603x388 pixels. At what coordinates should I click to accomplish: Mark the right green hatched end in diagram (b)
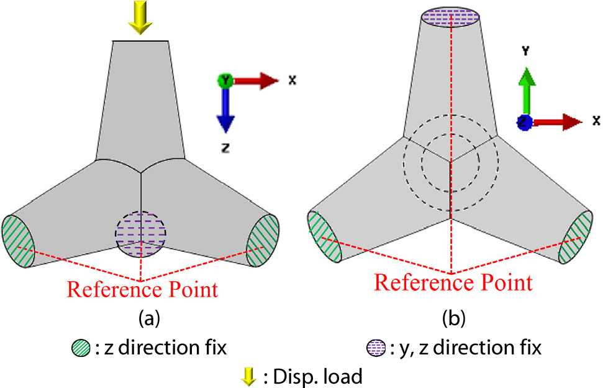[576, 238]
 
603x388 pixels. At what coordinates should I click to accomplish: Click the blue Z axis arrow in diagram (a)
[224, 112]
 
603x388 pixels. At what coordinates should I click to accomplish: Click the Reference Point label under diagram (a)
[143, 290]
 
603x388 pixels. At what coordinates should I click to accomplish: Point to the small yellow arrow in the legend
[248, 376]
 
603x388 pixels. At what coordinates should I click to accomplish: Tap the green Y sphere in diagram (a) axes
[224, 80]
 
